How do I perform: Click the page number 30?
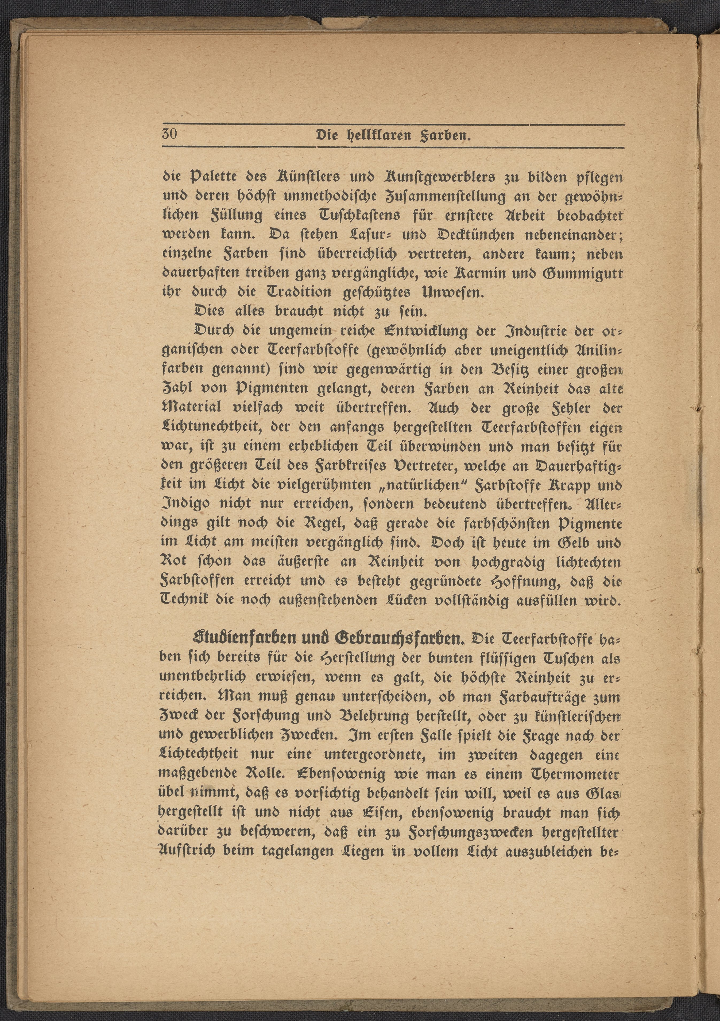pyautogui.click(x=169, y=134)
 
